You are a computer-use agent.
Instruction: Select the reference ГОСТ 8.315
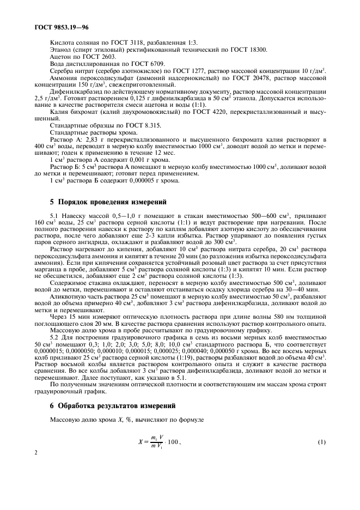(126, 125)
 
